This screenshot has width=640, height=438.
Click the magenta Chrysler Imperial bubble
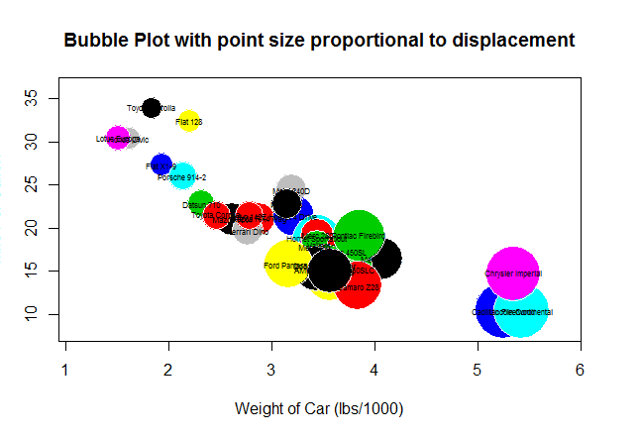click(x=512, y=273)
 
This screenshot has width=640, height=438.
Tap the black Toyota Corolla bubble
click(x=151, y=108)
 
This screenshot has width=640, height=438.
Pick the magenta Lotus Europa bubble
click(x=117, y=139)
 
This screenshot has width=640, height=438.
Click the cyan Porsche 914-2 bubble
click(x=182, y=177)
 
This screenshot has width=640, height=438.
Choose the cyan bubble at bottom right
click(x=522, y=312)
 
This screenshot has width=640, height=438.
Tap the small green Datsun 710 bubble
click(x=201, y=204)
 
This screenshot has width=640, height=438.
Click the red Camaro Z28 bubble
click(x=358, y=286)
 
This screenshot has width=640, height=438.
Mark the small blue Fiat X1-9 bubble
click(x=161, y=164)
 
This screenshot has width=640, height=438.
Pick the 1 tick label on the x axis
click(x=65, y=370)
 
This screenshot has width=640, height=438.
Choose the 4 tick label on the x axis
click(x=373, y=370)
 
